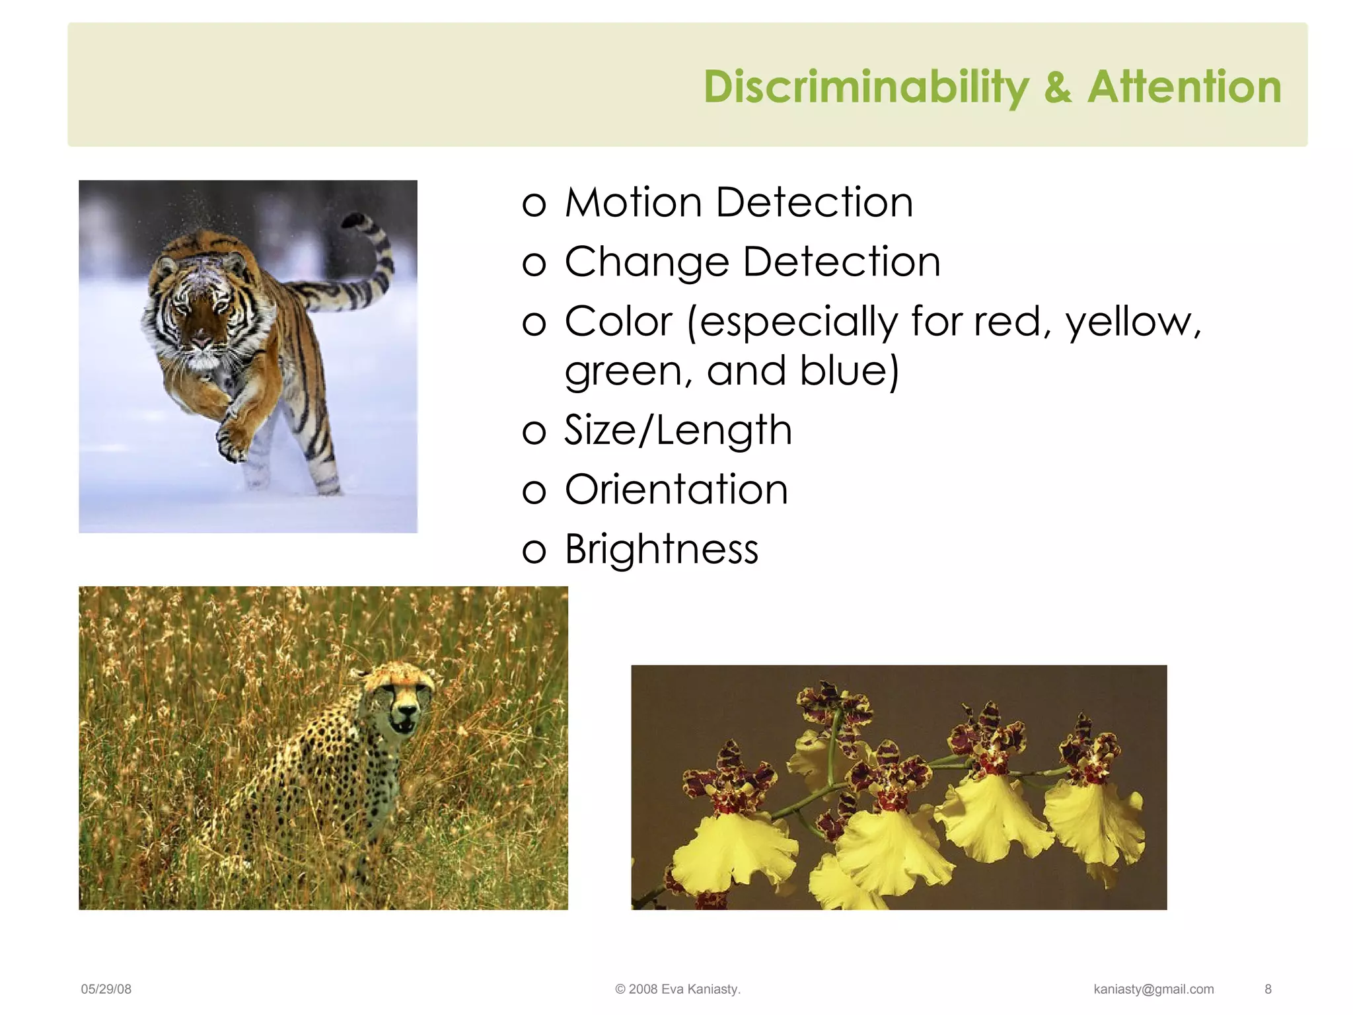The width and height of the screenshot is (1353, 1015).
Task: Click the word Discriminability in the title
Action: [x=865, y=87]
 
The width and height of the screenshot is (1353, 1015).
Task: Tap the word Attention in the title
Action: [x=1184, y=87]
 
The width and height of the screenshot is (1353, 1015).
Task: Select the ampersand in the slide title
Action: [x=1058, y=87]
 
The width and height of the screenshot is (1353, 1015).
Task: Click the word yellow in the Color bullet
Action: [x=1131, y=322]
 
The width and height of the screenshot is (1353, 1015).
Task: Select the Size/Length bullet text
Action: [x=678, y=430]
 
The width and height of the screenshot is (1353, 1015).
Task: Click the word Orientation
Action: [x=676, y=490]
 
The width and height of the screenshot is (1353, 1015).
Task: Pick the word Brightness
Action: [x=661, y=549]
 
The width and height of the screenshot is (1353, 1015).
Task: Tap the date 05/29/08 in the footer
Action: [x=106, y=989]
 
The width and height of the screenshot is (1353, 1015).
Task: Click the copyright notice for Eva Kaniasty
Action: [x=677, y=989]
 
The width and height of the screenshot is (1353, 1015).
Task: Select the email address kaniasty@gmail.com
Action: [x=1153, y=989]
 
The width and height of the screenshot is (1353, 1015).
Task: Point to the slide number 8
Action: [x=1268, y=989]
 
